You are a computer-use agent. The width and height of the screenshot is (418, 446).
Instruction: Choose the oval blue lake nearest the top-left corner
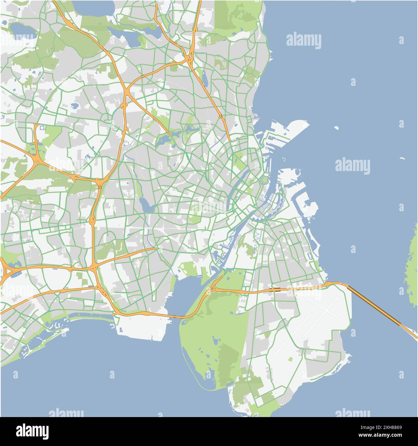tap(23, 30)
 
